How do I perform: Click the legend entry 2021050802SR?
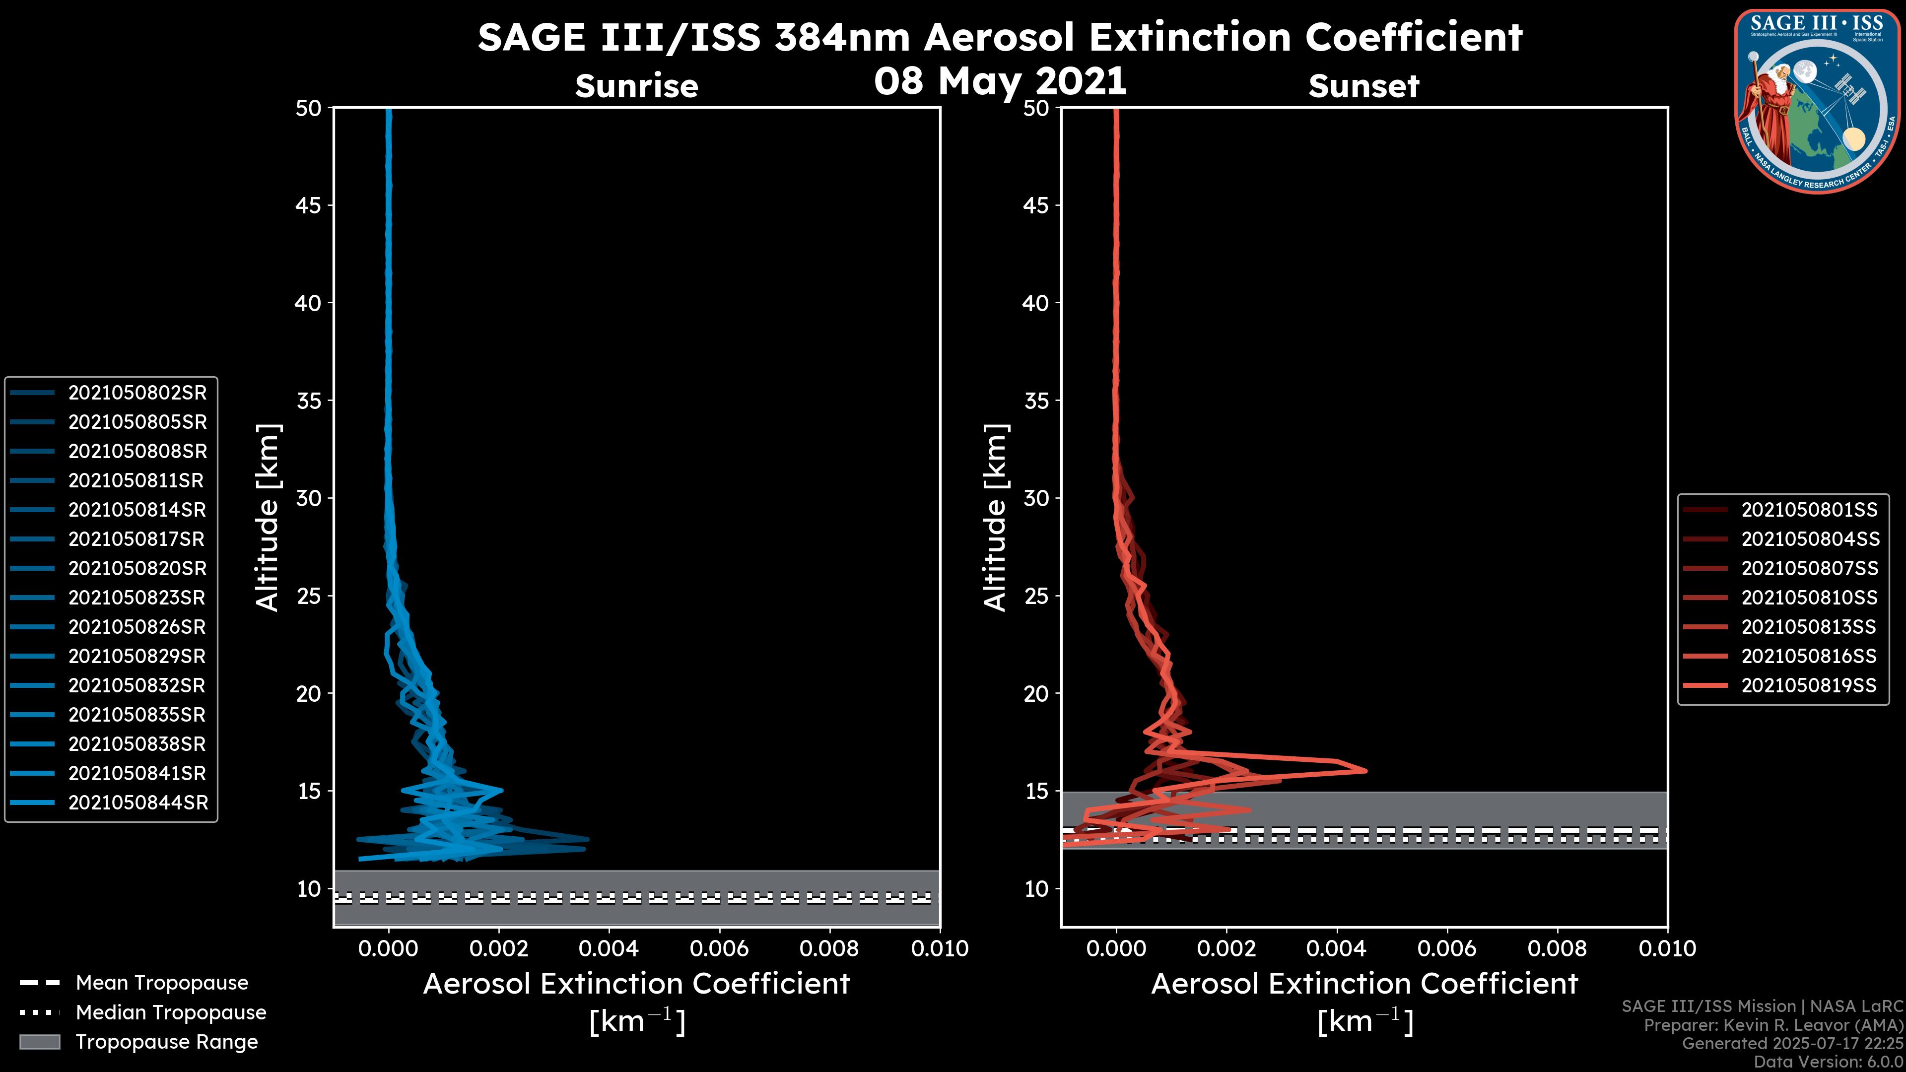[137, 393]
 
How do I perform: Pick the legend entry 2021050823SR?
[137, 598]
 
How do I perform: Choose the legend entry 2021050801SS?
[1809, 510]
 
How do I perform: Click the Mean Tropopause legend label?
[162, 983]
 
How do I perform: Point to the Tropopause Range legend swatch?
[39, 1042]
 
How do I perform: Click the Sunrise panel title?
[636, 86]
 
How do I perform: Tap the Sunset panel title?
[1363, 86]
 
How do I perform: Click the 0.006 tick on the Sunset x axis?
[1447, 948]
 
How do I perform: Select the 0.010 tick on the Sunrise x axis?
[939, 948]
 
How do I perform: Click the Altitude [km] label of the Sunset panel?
[995, 518]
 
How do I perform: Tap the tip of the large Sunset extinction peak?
[1365, 770]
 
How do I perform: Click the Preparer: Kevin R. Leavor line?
[1773, 1025]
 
